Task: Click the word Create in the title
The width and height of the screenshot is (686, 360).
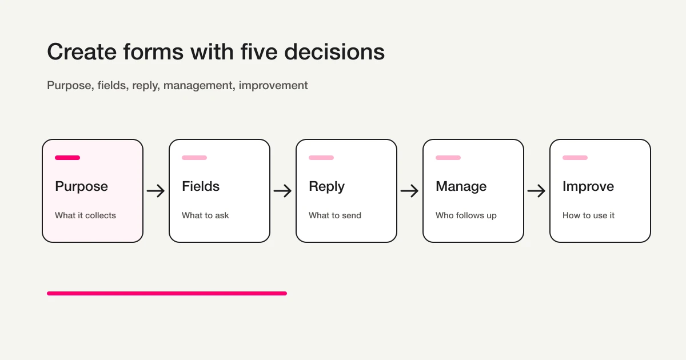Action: (81, 52)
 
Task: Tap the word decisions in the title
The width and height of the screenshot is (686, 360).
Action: (334, 52)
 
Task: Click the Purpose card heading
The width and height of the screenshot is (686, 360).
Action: (81, 186)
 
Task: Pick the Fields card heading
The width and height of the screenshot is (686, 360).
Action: (201, 186)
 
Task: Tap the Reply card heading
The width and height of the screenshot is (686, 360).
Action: (326, 186)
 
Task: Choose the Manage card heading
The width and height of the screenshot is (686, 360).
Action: (461, 186)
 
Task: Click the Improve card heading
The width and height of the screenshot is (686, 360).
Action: (588, 186)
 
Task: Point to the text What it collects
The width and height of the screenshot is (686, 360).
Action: (85, 215)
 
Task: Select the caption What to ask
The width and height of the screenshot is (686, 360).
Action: (205, 215)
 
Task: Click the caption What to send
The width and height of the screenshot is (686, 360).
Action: (335, 215)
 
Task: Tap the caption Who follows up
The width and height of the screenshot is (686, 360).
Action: (466, 215)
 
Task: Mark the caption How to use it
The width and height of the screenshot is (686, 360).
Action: (588, 215)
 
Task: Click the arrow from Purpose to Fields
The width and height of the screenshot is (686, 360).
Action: (155, 191)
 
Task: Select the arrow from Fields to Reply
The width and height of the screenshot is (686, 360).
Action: (282, 191)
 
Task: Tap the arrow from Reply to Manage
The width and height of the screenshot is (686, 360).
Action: (409, 191)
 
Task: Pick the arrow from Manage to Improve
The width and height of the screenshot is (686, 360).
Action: (536, 191)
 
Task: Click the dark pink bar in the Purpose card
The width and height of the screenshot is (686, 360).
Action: (67, 158)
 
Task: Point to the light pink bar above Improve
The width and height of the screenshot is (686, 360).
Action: (575, 158)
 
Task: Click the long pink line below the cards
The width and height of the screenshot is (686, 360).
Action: (167, 293)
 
